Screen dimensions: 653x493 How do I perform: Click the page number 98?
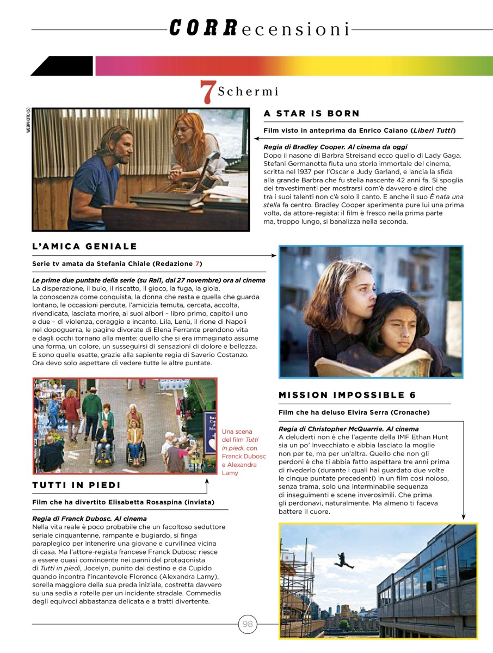pyautogui.click(x=248, y=624)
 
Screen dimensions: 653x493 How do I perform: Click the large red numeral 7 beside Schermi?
pyautogui.click(x=206, y=92)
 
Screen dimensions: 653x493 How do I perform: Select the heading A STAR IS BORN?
pyautogui.click(x=311, y=114)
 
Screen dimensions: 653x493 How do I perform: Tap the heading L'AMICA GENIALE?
pyautogui.click(x=85, y=247)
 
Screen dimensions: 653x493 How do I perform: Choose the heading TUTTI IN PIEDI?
pyautogui.click(x=77, y=485)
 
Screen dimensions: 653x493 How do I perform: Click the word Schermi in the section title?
pyautogui.click(x=249, y=91)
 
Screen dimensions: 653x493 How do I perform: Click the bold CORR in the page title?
pyautogui.click(x=203, y=28)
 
